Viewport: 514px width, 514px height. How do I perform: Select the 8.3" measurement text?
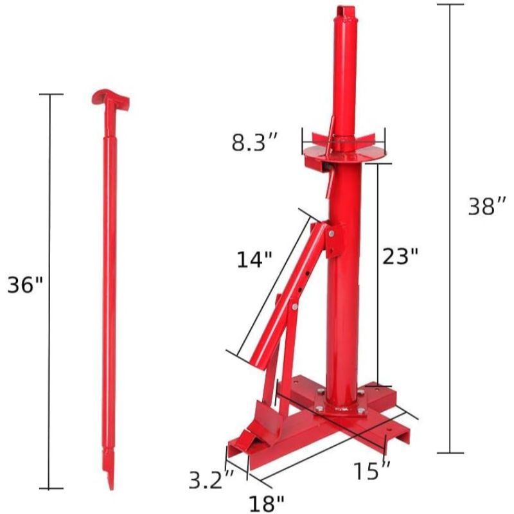tap(255, 143)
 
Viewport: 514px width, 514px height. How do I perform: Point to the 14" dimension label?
tap(255, 260)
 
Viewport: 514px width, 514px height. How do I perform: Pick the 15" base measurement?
tap(372, 471)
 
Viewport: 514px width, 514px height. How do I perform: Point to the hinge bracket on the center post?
tap(333, 239)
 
